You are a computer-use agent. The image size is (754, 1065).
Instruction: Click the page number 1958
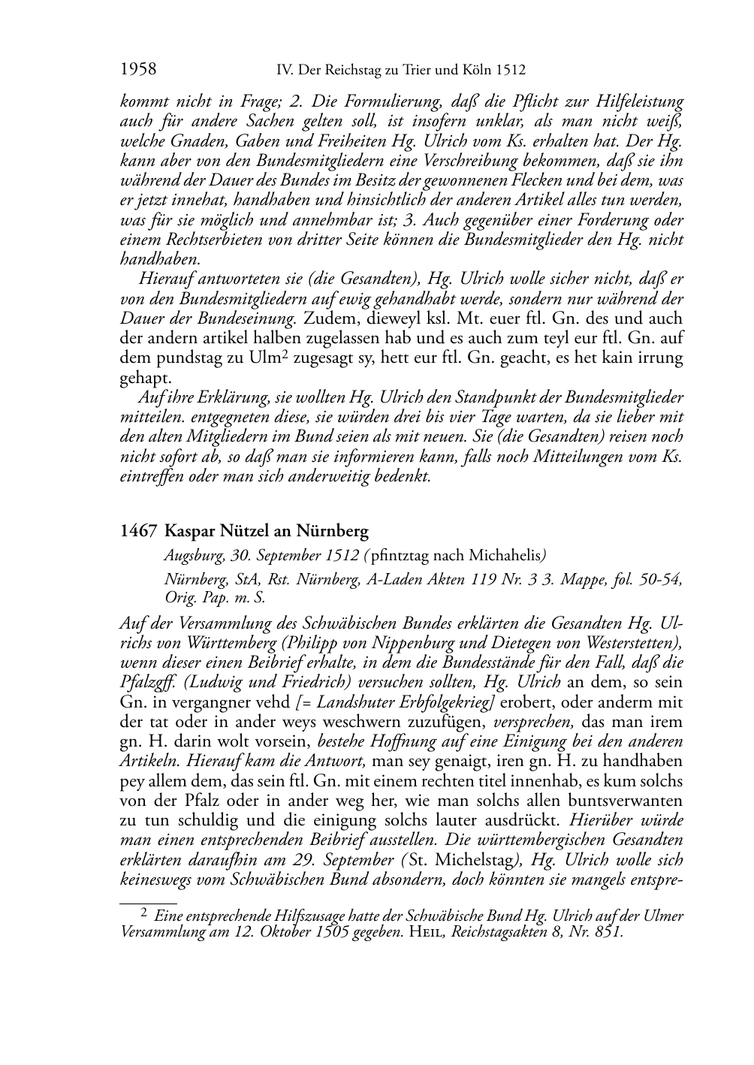(138, 70)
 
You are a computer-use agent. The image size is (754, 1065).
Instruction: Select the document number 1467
(138, 532)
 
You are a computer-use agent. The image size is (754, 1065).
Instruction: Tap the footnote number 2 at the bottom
(145, 914)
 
